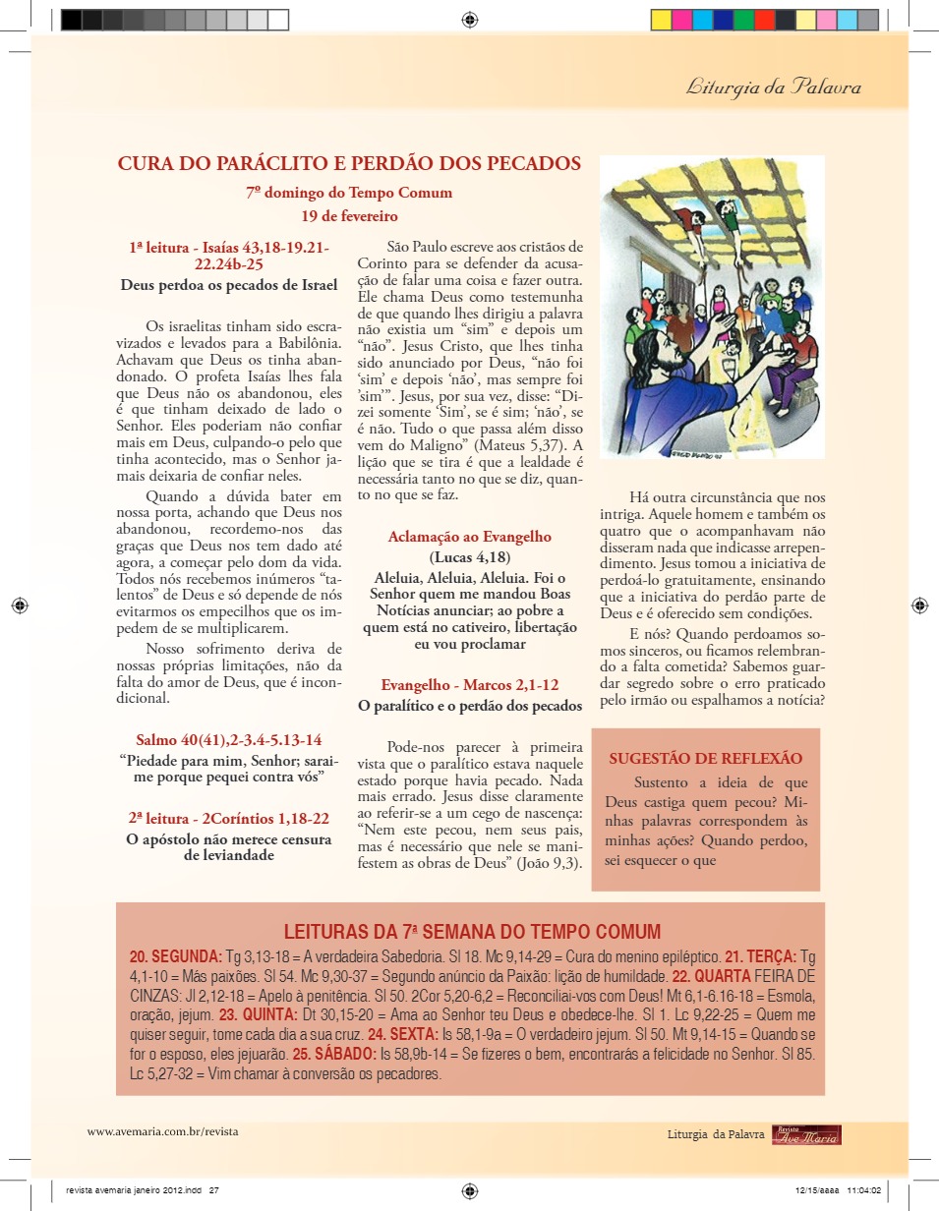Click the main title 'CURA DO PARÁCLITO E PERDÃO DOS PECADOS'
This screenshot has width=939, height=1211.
coord(349,164)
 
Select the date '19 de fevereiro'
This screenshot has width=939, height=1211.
coord(349,215)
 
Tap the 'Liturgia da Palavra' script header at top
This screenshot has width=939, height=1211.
coord(773,87)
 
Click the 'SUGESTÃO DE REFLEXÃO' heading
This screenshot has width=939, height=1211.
coord(705,759)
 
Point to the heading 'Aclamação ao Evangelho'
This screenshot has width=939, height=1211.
coord(469,537)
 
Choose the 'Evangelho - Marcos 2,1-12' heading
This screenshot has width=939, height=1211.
coord(469,686)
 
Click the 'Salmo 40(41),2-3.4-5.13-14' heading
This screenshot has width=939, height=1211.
coord(228,739)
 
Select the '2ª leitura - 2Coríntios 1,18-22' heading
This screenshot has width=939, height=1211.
coord(228,818)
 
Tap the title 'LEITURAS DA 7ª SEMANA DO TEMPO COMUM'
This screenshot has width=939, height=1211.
coord(472,932)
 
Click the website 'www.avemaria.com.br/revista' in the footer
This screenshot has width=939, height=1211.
coord(162,1131)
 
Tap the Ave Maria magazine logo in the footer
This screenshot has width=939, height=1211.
coord(806,1134)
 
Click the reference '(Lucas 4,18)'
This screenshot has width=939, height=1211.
coord(469,557)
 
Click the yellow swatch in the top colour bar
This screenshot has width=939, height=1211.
coord(661,20)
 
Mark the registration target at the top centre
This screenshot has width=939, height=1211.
coord(469,20)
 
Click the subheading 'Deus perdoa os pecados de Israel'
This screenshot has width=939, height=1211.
coord(228,285)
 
